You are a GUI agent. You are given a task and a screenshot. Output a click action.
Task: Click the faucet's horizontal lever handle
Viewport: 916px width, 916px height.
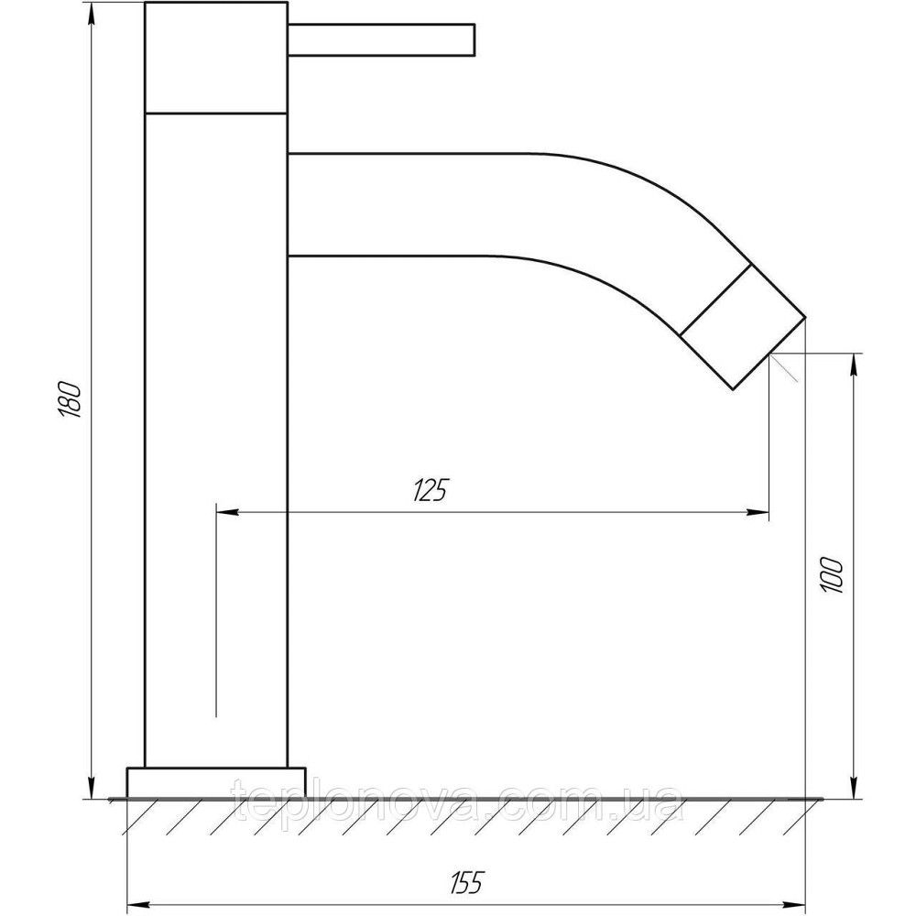381,39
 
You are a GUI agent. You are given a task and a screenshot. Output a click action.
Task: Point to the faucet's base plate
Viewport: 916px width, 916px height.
216,782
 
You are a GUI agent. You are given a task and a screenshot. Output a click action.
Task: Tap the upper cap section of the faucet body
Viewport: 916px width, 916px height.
216,57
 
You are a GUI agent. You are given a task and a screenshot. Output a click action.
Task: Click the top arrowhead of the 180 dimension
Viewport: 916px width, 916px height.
91,13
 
